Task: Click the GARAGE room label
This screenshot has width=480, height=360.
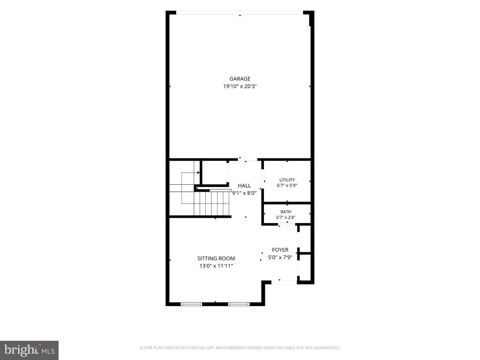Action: click(240, 79)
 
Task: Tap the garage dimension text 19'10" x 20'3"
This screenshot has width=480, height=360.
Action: click(240, 86)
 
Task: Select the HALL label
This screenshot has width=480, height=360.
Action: click(244, 186)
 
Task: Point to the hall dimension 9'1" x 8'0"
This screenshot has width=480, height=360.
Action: click(244, 193)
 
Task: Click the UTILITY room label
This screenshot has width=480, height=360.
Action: click(287, 180)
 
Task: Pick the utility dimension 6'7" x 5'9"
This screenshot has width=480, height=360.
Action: click(287, 185)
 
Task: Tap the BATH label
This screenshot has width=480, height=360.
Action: click(285, 212)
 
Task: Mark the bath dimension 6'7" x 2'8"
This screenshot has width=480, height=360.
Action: click(285, 217)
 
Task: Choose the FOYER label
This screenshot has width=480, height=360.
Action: click(280, 250)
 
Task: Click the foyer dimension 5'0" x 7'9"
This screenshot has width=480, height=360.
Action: click(280, 257)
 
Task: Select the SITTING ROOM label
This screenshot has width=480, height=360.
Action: click(216, 258)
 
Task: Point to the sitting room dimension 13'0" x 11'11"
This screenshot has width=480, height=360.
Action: click(216, 266)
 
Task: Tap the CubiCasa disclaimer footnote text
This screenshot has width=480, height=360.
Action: click(240, 348)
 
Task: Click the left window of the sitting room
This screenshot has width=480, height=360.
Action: click(191, 304)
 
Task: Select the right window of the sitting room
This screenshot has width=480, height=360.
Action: click(239, 304)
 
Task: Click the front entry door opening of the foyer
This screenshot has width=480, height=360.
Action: click(284, 282)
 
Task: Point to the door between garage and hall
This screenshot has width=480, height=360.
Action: click(247, 159)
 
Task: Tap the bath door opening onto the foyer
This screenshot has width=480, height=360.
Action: click(286, 225)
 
